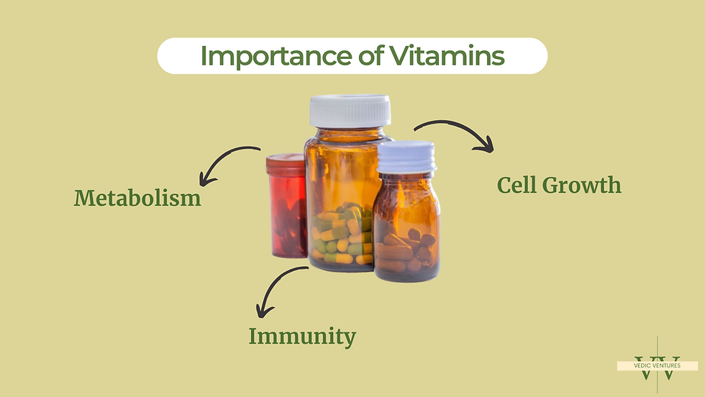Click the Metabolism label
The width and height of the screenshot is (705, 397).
(x=137, y=197)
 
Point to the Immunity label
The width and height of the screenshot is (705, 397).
(x=302, y=335)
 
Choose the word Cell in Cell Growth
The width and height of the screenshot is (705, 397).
(x=520, y=185)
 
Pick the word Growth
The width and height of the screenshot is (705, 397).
(x=586, y=186)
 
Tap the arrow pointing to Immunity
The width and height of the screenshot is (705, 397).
(x=277, y=288)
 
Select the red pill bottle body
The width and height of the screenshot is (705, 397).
(x=288, y=216)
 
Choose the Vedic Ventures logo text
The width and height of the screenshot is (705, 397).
(x=657, y=365)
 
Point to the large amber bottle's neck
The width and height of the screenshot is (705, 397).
(x=348, y=133)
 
